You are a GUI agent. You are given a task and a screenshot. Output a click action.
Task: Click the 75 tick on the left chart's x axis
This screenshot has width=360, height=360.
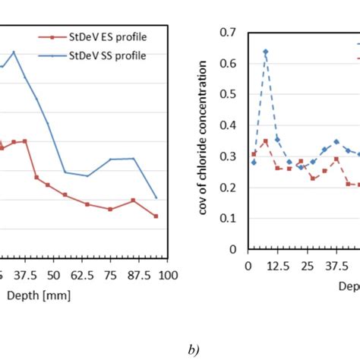(110, 274)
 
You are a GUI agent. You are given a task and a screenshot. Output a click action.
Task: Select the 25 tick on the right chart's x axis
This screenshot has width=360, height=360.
(307, 267)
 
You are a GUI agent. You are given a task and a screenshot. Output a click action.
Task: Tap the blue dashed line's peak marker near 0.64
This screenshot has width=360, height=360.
(265, 52)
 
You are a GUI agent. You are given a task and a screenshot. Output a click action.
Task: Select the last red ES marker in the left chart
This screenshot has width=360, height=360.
(156, 216)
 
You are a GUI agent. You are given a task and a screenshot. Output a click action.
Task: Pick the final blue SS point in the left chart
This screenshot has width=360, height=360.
(156, 197)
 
